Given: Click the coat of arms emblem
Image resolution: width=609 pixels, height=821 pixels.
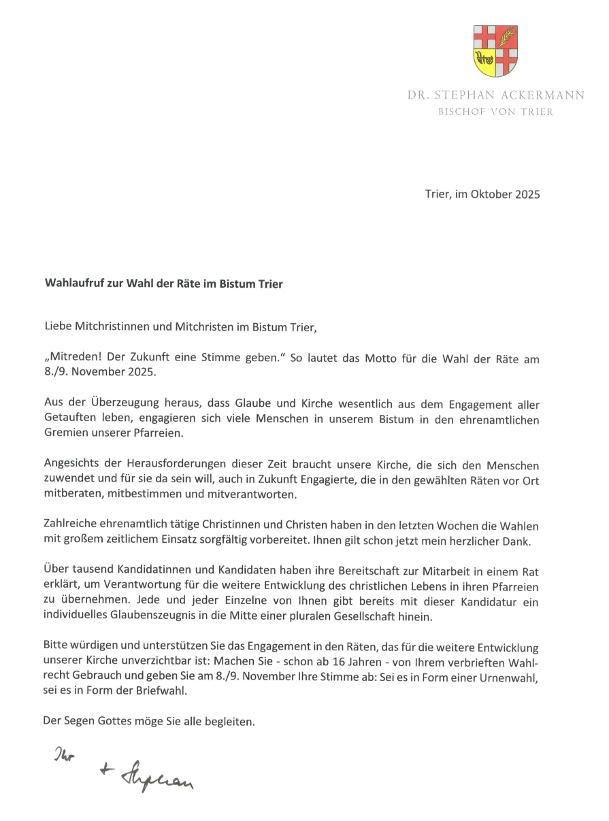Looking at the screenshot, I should click(495, 50).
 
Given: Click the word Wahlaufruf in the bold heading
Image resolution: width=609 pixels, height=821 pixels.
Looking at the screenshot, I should click(73, 284).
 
